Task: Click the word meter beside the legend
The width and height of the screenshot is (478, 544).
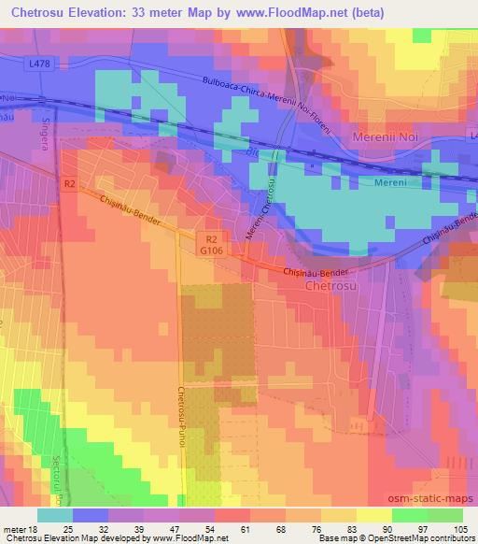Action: pyautogui.click(x=14, y=528)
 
